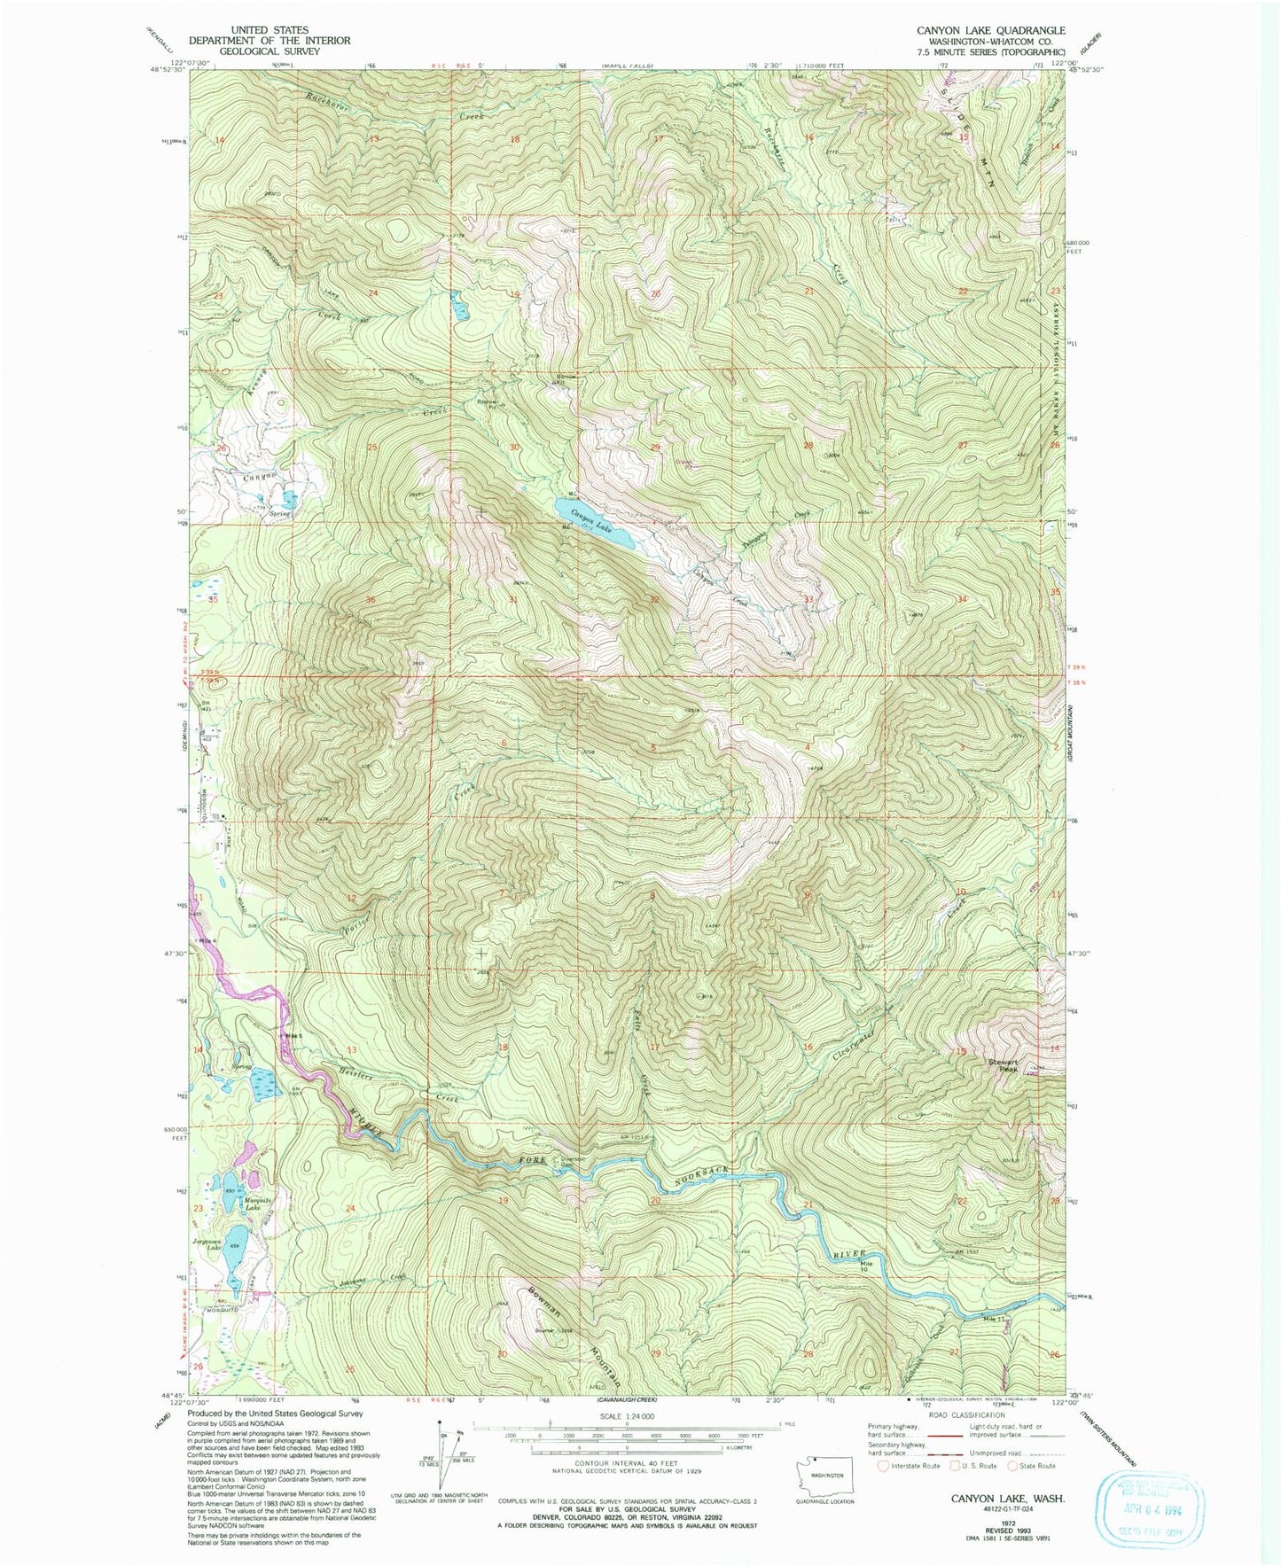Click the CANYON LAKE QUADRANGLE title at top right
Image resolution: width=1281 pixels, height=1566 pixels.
[991, 30]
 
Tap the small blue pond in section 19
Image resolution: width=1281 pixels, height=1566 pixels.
[458, 307]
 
